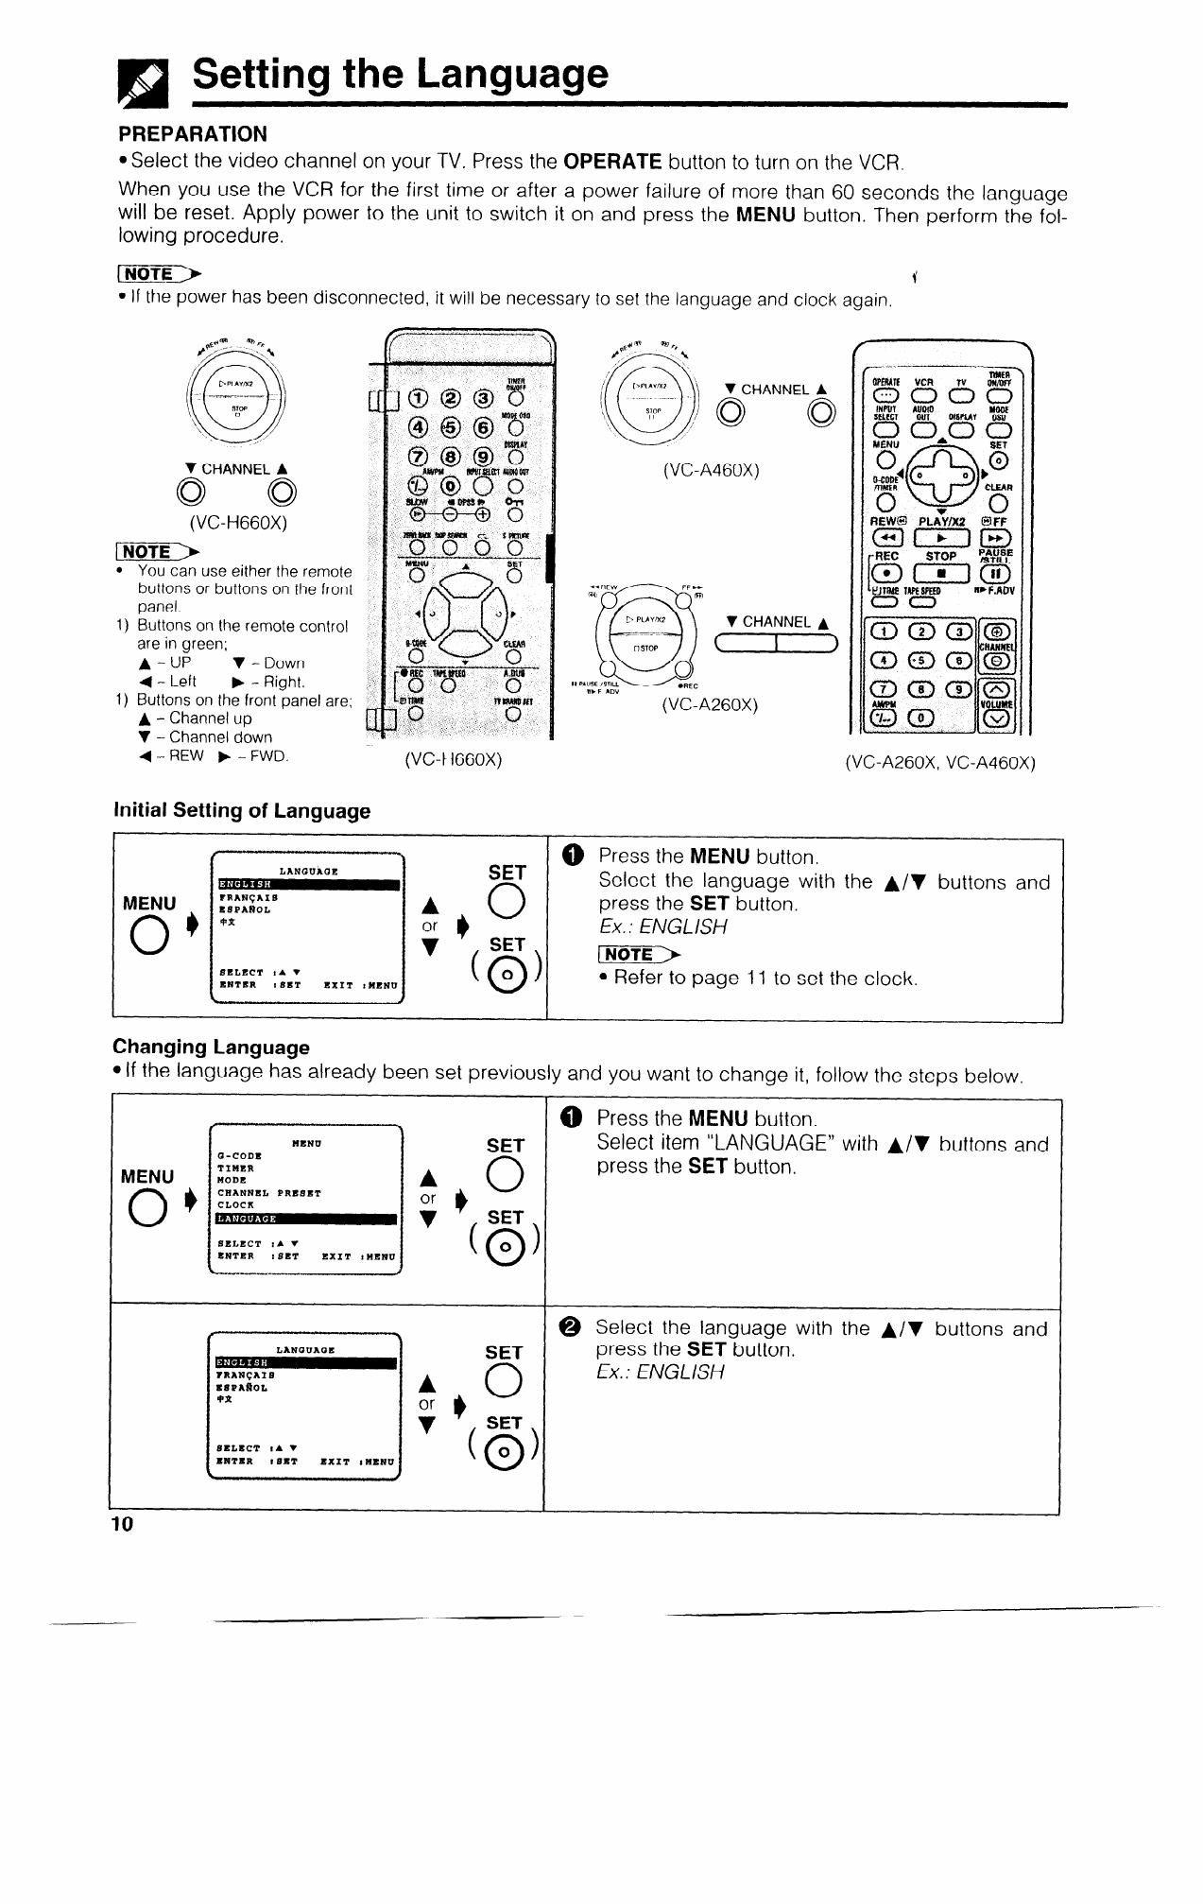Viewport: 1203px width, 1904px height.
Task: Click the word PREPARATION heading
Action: coord(193,133)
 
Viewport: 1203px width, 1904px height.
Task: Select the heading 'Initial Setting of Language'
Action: coord(242,811)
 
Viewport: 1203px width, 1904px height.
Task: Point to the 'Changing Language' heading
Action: coord(211,1047)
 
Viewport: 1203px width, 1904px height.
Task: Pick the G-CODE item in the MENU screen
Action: coord(239,1154)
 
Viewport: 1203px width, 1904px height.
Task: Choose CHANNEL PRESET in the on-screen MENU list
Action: coord(268,1193)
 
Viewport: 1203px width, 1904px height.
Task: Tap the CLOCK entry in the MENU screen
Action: coord(235,1205)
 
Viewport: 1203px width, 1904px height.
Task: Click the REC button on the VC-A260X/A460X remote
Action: coord(887,574)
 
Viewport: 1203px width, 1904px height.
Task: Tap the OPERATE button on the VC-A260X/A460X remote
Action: coord(886,394)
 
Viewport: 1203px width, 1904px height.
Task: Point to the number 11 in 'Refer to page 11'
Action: coord(749,978)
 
